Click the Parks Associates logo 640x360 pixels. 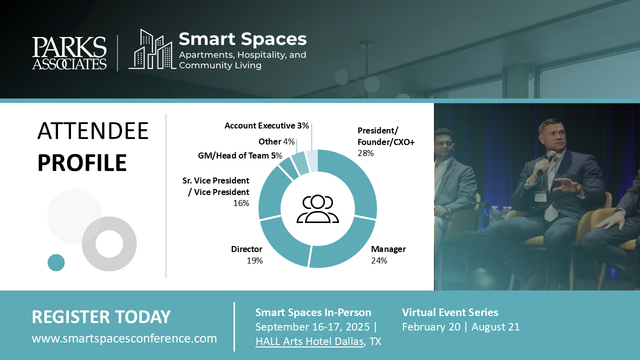tap(69, 53)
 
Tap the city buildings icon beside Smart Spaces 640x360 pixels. tap(152, 49)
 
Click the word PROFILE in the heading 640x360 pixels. tap(82, 162)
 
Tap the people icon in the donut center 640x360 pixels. tap(317, 209)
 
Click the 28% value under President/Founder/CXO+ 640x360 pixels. tap(365, 153)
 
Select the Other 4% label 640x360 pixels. tap(276, 141)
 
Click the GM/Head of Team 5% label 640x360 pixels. tap(240, 155)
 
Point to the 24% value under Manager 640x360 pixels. tap(379, 260)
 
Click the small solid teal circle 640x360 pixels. tap(56, 262)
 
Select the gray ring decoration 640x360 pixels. tap(88, 243)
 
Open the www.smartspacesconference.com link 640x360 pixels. tap(124, 338)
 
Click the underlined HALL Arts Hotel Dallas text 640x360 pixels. tap(309, 341)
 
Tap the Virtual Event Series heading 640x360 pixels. tap(450, 312)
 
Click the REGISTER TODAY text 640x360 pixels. tap(101, 317)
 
